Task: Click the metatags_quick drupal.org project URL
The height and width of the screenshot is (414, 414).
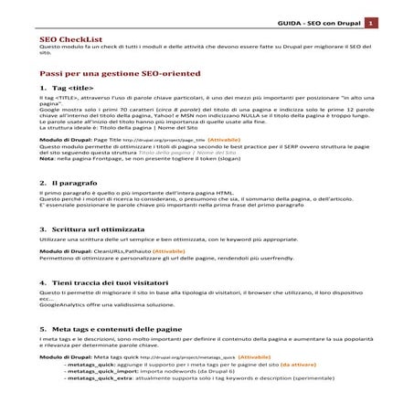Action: (x=193, y=356)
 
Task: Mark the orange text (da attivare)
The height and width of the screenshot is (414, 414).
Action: (x=316, y=364)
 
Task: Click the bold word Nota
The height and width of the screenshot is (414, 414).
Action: (x=48, y=158)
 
